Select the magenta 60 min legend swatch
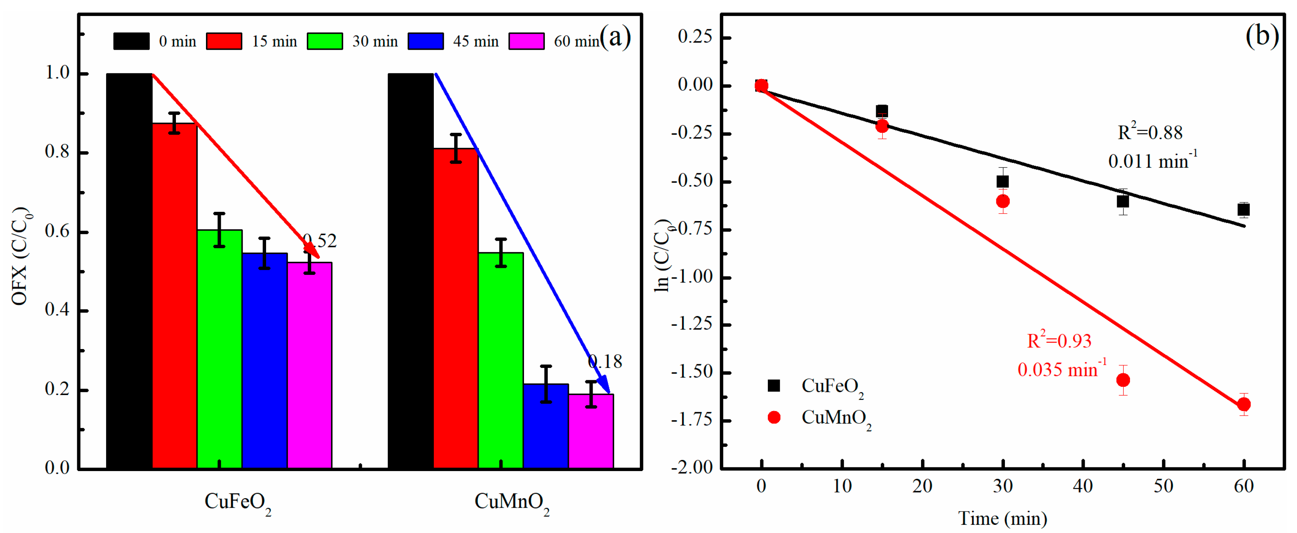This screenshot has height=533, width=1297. point(526,41)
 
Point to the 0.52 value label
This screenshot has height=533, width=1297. point(319,241)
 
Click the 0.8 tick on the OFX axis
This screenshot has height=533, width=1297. point(57,151)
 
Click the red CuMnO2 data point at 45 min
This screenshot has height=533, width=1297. point(1123,380)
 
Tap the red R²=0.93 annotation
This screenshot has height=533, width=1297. point(1059,341)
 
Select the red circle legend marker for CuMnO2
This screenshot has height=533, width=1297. point(774,417)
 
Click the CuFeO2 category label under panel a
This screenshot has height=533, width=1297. point(237,502)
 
